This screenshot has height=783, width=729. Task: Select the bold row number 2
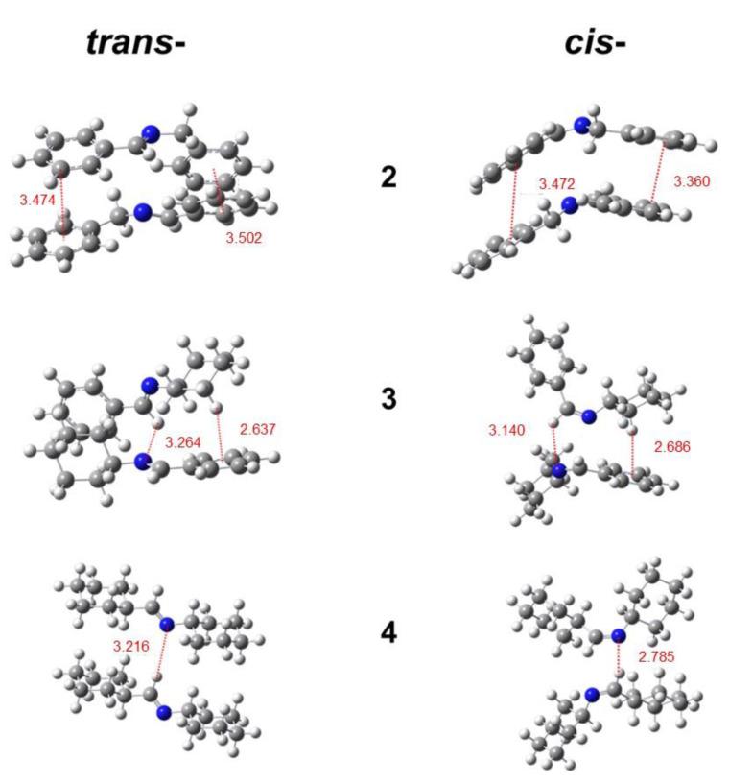pyautogui.click(x=388, y=178)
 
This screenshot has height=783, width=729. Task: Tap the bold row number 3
pyautogui.click(x=388, y=397)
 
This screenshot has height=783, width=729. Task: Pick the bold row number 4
pyautogui.click(x=388, y=632)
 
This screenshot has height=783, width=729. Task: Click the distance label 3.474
pyautogui.click(x=36, y=201)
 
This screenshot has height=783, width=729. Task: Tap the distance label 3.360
pyautogui.click(x=692, y=180)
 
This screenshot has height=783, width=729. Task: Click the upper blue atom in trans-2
pyautogui.click(x=149, y=133)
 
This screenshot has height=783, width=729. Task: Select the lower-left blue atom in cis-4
pyautogui.click(x=592, y=694)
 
